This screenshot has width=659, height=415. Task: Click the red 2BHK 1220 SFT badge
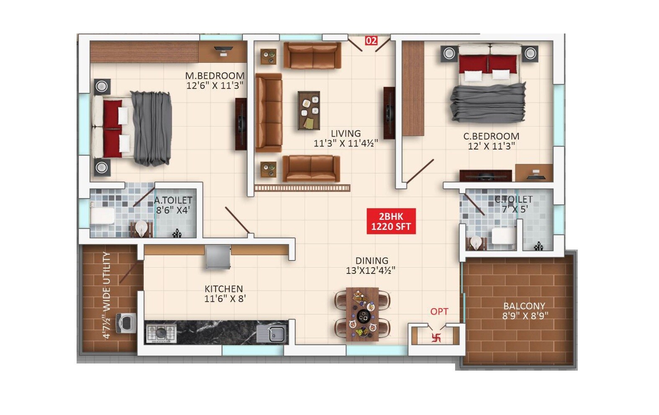[391, 221]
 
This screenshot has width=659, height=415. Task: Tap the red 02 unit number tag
[371, 41]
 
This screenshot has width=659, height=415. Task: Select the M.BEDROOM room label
[215, 76]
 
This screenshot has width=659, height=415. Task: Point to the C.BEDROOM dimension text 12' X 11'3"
[491, 146]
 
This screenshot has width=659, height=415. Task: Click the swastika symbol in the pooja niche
[436, 337]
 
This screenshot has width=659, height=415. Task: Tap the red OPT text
[439, 312]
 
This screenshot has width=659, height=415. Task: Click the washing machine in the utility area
[126, 322]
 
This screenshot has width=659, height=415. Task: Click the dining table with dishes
[362, 314]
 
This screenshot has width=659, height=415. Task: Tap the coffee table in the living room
[309, 110]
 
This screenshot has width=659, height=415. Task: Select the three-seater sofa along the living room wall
[268, 113]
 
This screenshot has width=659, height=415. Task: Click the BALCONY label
[524, 306]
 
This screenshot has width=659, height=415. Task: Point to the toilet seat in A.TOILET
[102, 216]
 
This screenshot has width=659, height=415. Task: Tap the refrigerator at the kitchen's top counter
[218, 257]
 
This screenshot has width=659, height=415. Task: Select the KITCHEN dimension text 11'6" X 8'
[225, 299]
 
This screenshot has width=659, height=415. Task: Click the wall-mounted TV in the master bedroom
[241, 124]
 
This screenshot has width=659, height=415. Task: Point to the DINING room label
[372, 260]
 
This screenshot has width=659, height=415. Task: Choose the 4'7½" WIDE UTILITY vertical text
[107, 295]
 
